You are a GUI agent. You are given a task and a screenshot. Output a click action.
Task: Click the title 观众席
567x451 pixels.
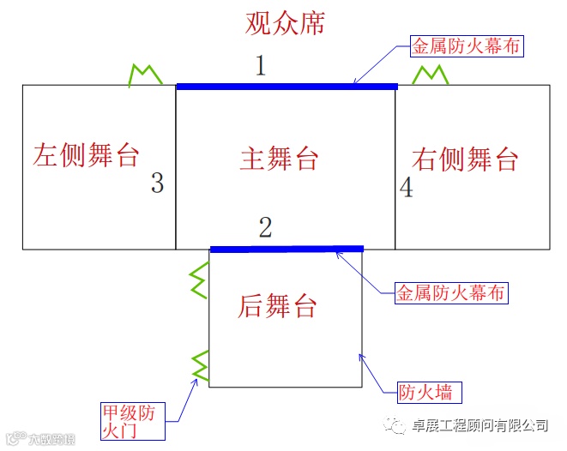coord(284,22)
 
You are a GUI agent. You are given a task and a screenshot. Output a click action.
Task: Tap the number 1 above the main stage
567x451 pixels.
coord(261,66)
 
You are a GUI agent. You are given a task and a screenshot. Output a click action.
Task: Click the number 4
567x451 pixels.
coord(406,187)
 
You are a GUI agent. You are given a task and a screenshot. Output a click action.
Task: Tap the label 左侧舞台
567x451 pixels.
coord(86,156)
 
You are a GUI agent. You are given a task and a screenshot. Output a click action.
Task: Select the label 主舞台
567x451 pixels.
coord(280,159)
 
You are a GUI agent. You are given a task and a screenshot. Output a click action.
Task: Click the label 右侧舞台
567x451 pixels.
coord(466,159)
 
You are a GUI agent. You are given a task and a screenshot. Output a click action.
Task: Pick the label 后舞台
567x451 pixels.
coord(277,306)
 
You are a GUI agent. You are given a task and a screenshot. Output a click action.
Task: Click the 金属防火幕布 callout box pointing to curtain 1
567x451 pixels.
coord(467,45)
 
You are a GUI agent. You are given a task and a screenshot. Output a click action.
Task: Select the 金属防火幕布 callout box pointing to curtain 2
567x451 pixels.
coord(451,293)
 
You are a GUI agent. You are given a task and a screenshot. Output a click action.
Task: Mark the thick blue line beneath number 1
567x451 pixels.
coord(287,86)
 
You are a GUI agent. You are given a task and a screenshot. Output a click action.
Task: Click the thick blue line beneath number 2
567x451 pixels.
coord(287,249)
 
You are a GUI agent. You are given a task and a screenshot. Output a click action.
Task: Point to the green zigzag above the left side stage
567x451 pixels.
coord(146,75)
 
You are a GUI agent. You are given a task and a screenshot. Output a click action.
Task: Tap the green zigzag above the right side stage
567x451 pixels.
coord(431,75)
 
